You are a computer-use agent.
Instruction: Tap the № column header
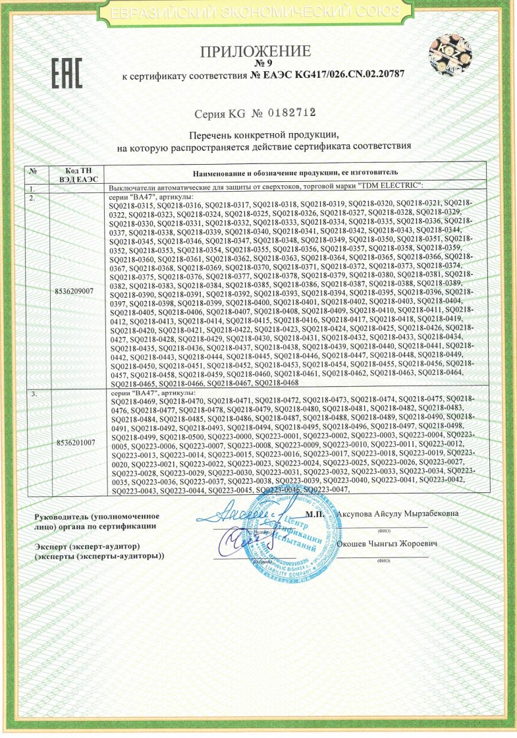(x=32, y=171)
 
